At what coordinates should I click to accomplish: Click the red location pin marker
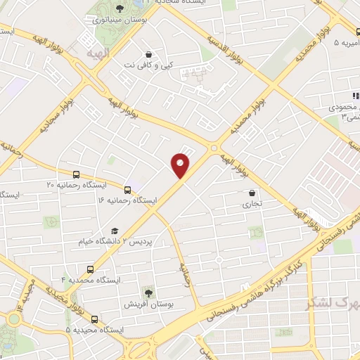[x=181, y=165]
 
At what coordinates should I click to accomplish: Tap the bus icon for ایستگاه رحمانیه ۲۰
[x=76, y=174]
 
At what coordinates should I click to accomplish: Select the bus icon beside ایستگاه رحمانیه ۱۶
[x=127, y=189]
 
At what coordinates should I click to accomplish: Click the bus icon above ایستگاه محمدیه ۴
[x=90, y=269]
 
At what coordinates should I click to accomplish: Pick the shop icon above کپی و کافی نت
[x=148, y=54]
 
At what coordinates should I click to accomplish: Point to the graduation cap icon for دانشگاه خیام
[x=114, y=231]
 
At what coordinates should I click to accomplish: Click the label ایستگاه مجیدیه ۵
[x=94, y=330]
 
